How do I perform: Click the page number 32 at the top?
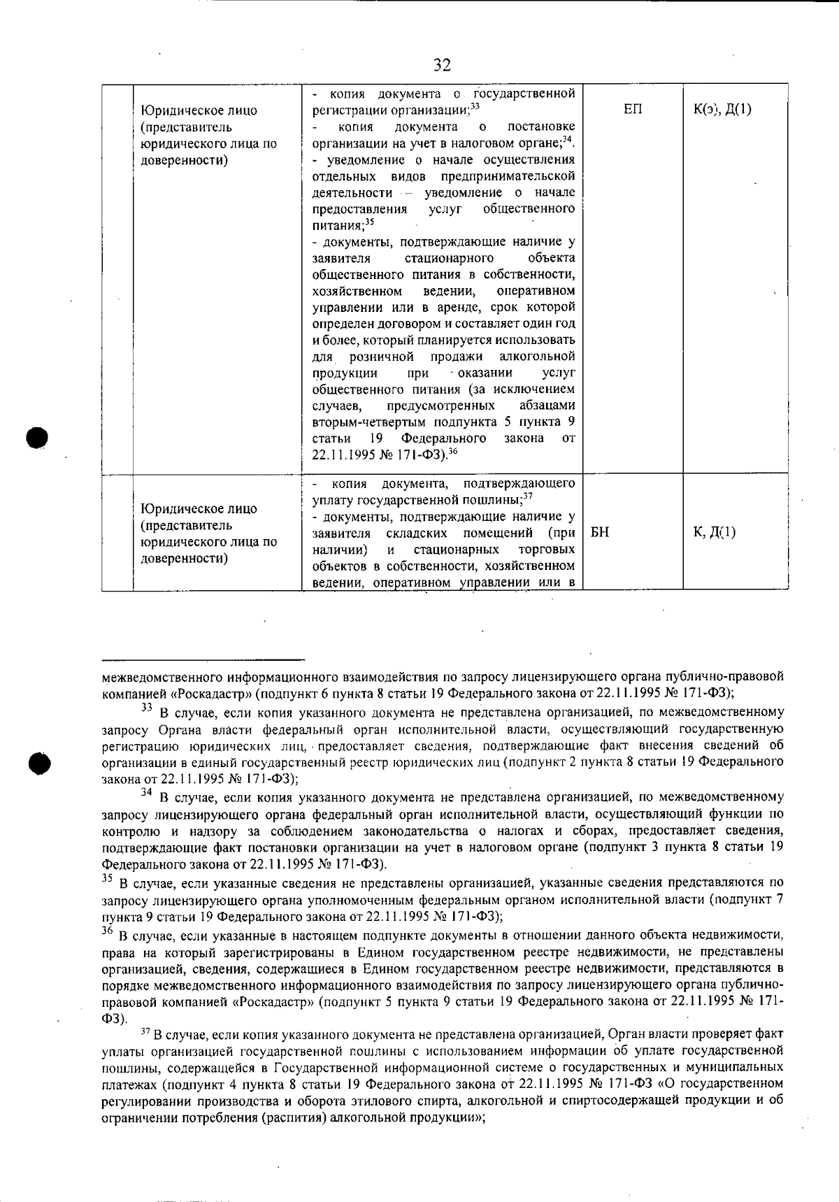click(x=442, y=66)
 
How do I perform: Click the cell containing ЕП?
click(x=632, y=110)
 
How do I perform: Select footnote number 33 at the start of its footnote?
click(x=147, y=708)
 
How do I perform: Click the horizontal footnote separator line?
click(x=203, y=659)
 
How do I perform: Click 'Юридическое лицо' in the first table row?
click(x=199, y=110)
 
